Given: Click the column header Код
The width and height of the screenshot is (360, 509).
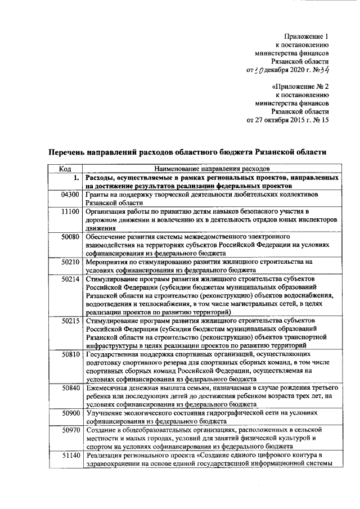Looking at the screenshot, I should click(65, 168).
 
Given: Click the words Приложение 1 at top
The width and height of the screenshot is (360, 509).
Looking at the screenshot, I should click(306, 36).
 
